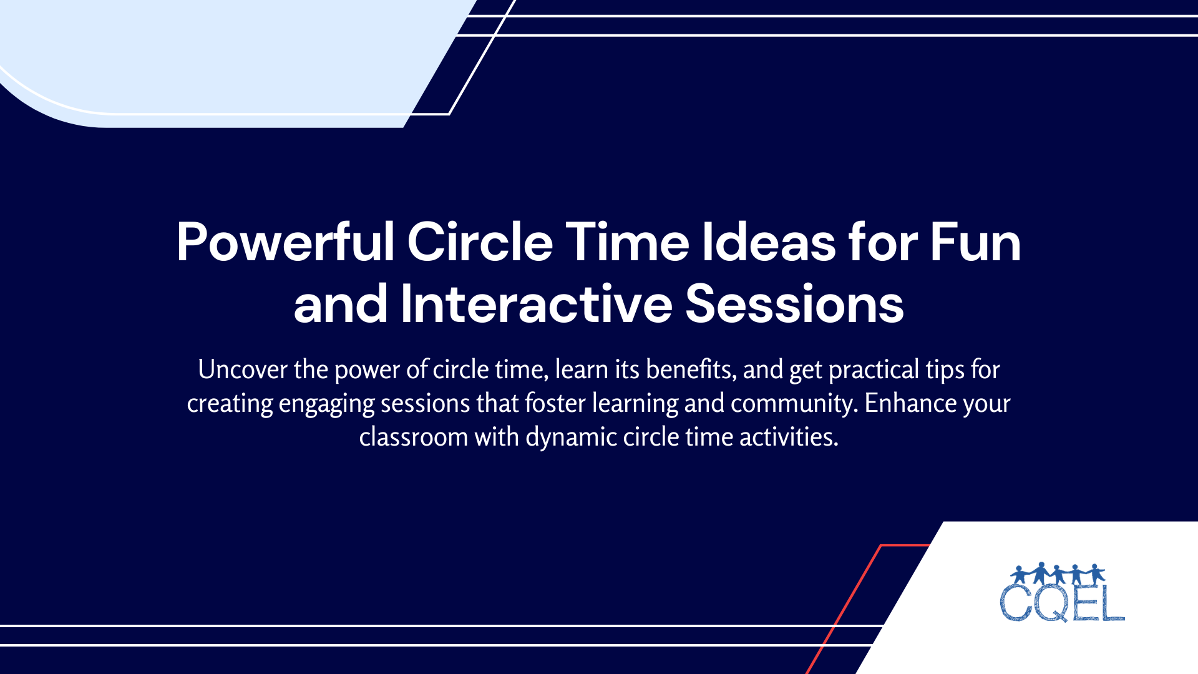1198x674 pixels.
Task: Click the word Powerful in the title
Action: pyautogui.click(x=285, y=242)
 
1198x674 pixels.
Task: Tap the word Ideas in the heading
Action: pyautogui.click(x=769, y=242)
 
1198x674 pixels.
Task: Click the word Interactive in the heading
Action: pyautogui.click(x=536, y=304)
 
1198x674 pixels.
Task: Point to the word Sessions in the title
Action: pyautogui.click(x=794, y=304)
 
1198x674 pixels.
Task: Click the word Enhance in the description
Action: pyautogui.click(x=910, y=403)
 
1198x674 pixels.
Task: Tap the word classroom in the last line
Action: pyautogui.click(x=413, y=437)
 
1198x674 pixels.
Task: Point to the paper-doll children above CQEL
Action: pyautogui.click(x=1058, y=573)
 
